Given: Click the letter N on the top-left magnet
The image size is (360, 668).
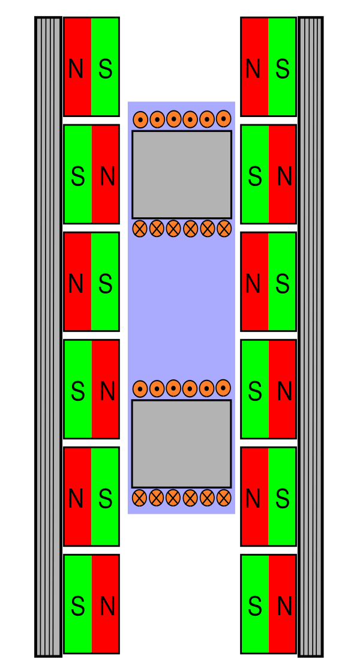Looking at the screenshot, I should click(76, 70).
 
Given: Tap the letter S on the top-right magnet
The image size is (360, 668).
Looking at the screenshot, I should click(283, 70).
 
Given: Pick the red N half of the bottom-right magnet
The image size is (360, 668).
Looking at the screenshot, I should click(282, 604).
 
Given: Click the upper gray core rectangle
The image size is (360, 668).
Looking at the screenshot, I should click(182, 175).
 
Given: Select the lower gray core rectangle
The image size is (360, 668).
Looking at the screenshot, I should click(182, 444).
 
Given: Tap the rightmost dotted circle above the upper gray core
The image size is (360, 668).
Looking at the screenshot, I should click(223, 118).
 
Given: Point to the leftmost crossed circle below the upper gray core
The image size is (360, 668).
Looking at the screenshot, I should click(140, 228).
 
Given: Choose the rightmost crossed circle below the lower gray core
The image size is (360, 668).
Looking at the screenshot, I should click(224, 498).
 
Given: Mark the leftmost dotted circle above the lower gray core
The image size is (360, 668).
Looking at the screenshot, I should click(140, 389).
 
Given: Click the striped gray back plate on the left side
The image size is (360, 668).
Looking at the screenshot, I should click(48, 336).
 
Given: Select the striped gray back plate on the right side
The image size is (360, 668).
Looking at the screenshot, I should click(311, 336).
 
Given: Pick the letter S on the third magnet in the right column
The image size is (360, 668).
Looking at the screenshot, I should click(283, 284).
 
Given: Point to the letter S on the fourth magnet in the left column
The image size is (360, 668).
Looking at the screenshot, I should click(78, 391).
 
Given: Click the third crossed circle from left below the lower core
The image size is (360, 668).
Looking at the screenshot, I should click(173, 498).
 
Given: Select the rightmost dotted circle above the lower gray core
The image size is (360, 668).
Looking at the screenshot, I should click(223, 388).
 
